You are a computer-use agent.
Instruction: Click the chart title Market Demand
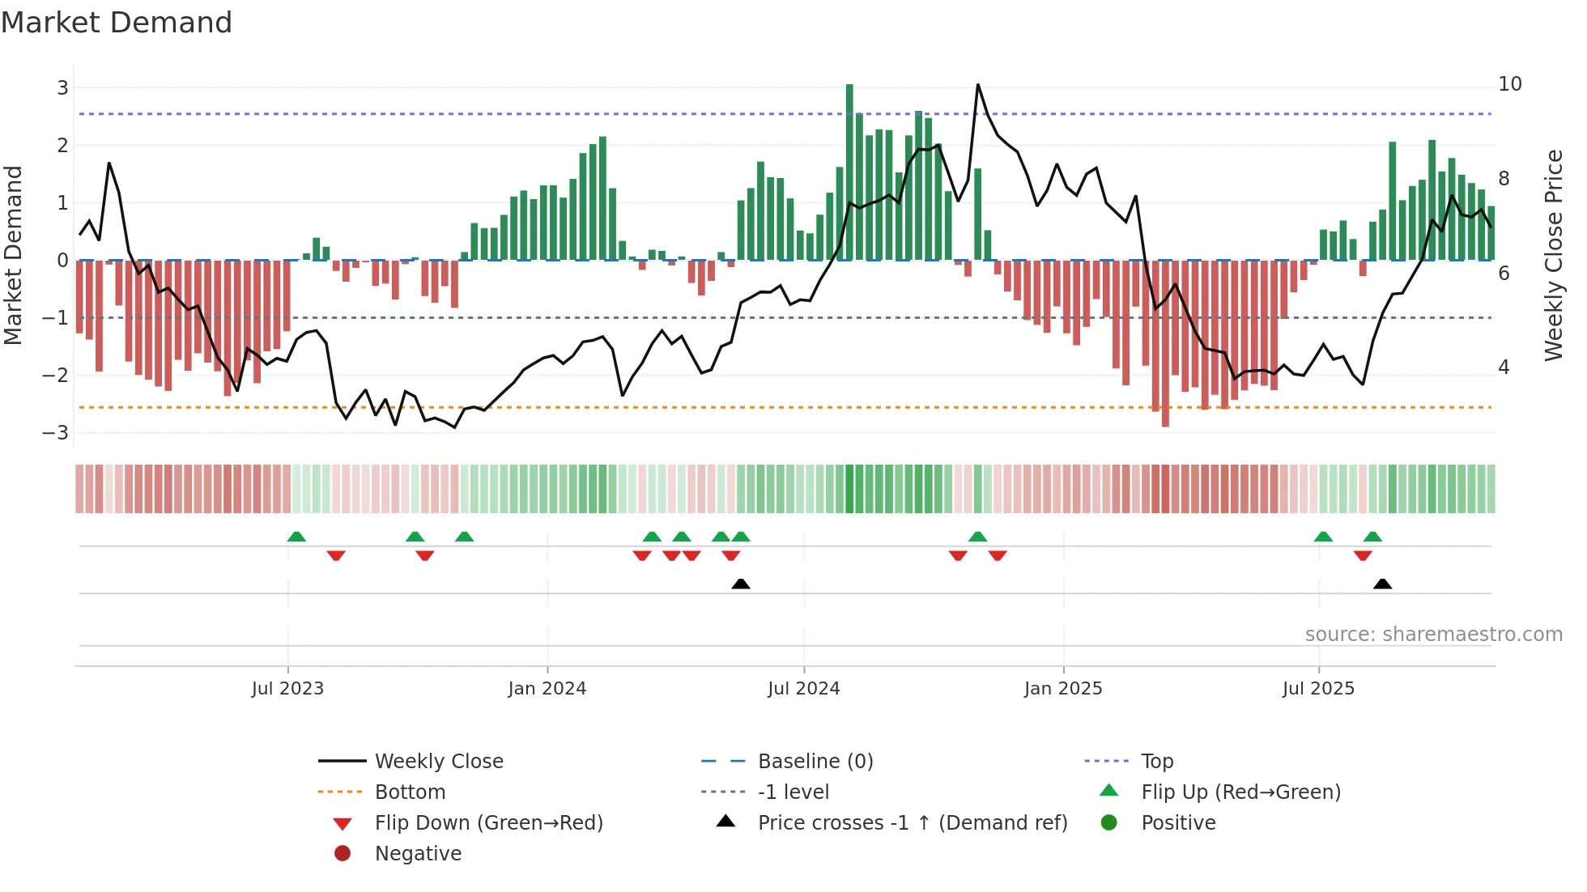pyautogui.click(x=117, y=23)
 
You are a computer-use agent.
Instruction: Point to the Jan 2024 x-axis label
pyautogui.click(x=547, y=689)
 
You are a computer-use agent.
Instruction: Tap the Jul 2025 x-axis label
pyautogui.click(x=1317, y=689)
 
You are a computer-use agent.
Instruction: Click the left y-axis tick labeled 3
pyautogui.click(x=62, y=87)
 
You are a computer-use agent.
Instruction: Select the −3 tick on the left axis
pyautogui.click(x=56, y=432)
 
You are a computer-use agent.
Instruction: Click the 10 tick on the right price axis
pyautogui.click(x=1509, y=84)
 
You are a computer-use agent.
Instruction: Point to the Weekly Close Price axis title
pyautogui.click(x=1553, y=255)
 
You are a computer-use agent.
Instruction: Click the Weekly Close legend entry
pyautogui.click(x=438, y=762)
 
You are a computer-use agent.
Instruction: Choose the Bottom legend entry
pyautogui.click(x=410, y=792)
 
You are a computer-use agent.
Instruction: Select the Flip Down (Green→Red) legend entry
pyautogui.click(x=488, y=823)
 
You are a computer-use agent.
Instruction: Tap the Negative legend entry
pyautogui.click(x=418, y=854)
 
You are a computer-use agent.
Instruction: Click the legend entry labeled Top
pyautogui.click(x=1156, y=762)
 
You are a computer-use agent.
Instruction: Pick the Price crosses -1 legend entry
pyautogui.click(x=912, y=823)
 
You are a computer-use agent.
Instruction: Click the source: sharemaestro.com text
pyautogui.click(x=1433, y=635)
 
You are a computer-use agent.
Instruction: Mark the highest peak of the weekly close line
pyautogui.click(x=977, y=85)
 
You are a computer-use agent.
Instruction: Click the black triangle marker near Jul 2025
pyautogui.click(x=1382, y=584)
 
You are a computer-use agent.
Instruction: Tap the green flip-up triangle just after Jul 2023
pyautogui.click(x=296, y=537)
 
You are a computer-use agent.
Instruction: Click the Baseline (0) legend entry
pyautogui.click(x=815, y=762)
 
